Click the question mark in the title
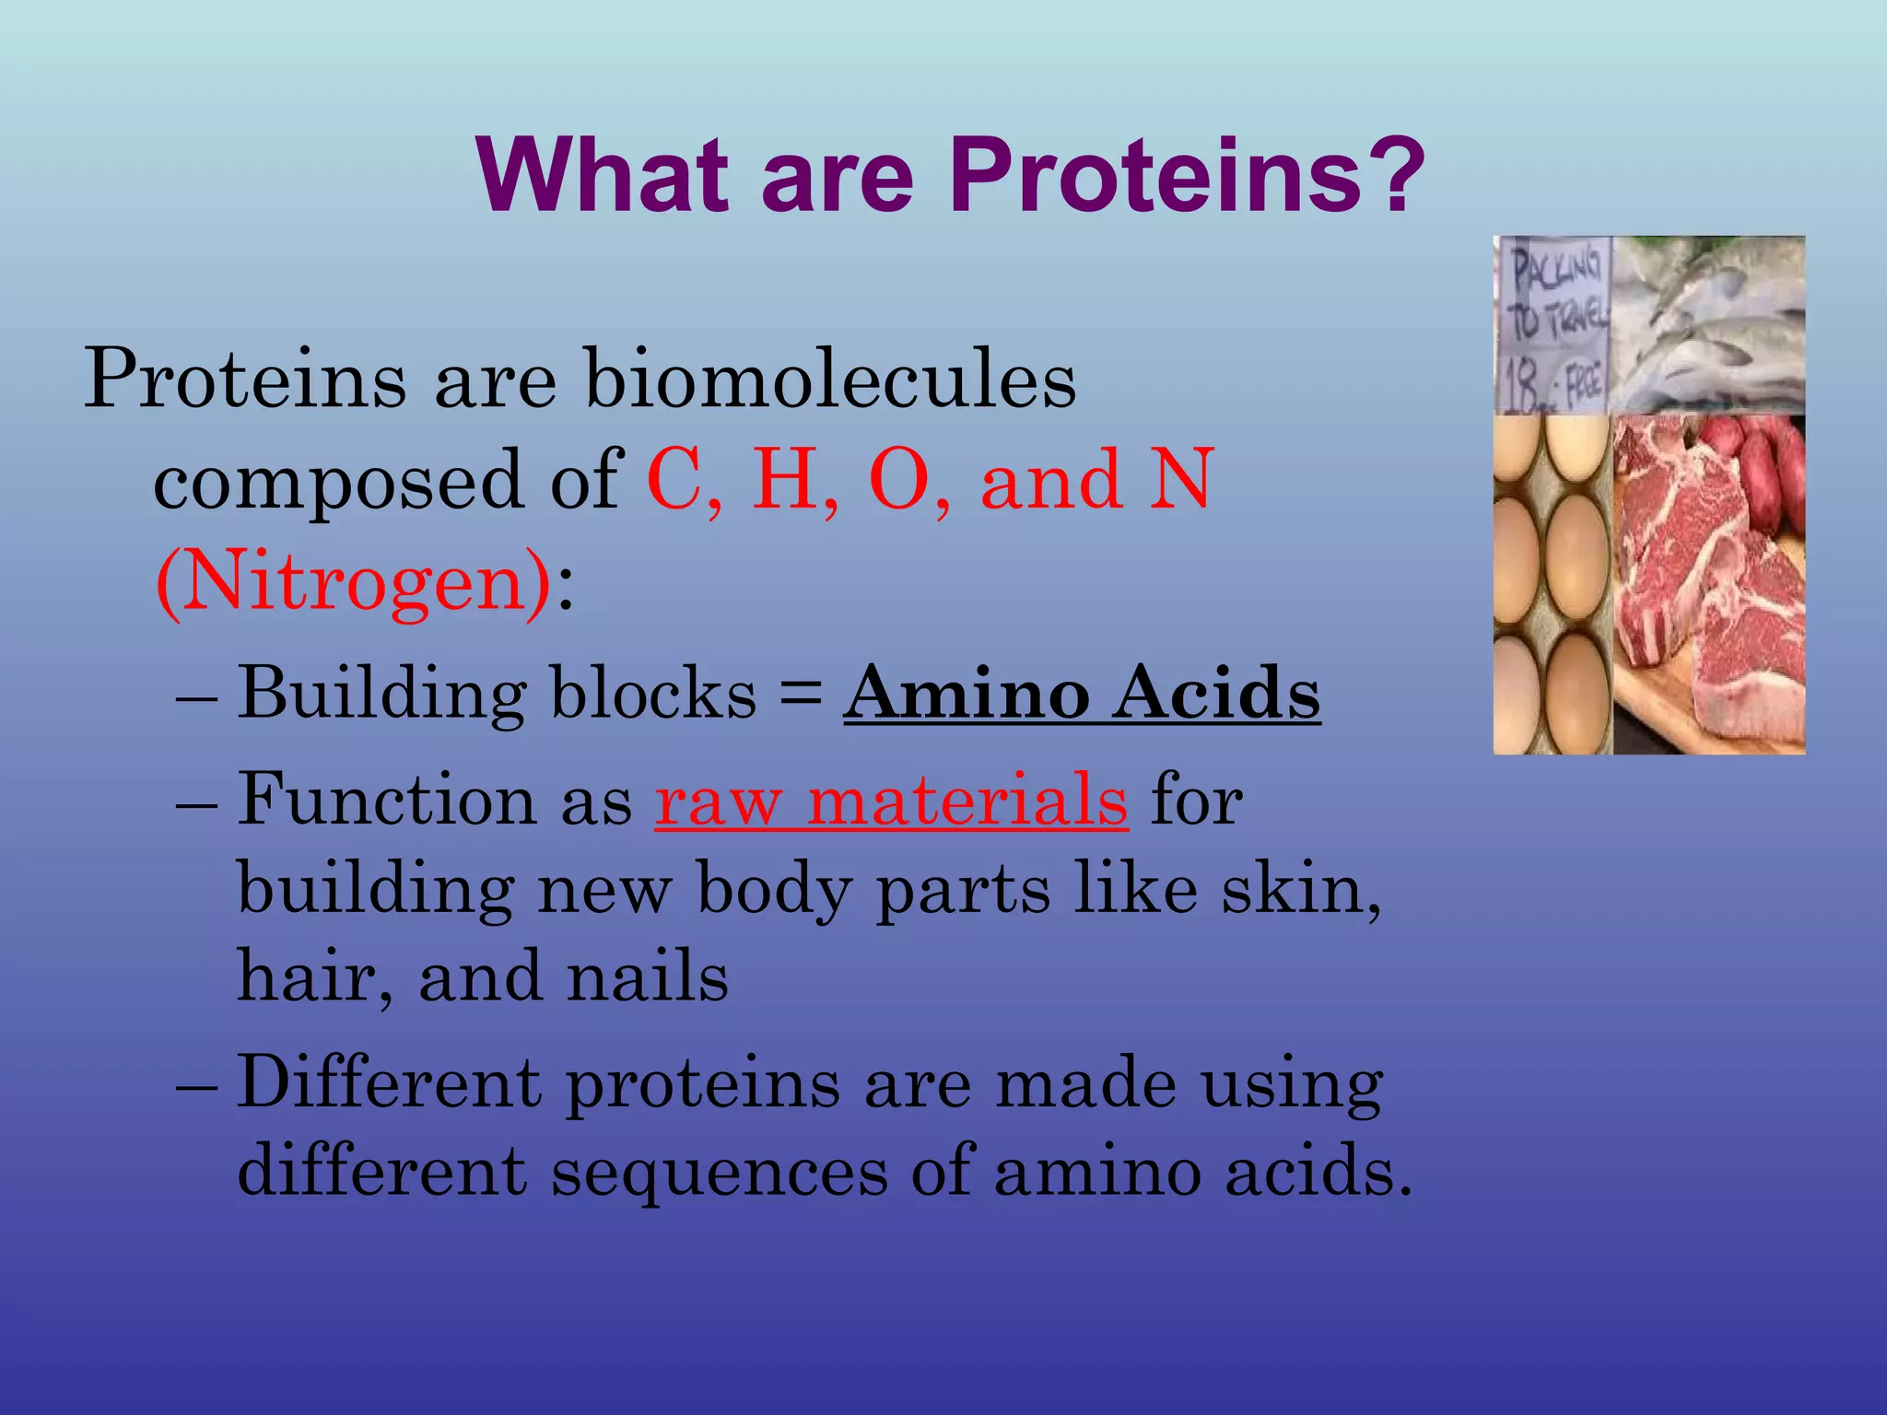(1389, 173)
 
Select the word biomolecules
(829, 380)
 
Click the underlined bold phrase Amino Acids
(1082, 693)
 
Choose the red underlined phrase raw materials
(891, 800)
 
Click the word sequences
(719, 1172)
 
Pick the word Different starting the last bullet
(389, 1082)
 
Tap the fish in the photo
(1705, 322)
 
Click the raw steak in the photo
(1705, 590)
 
